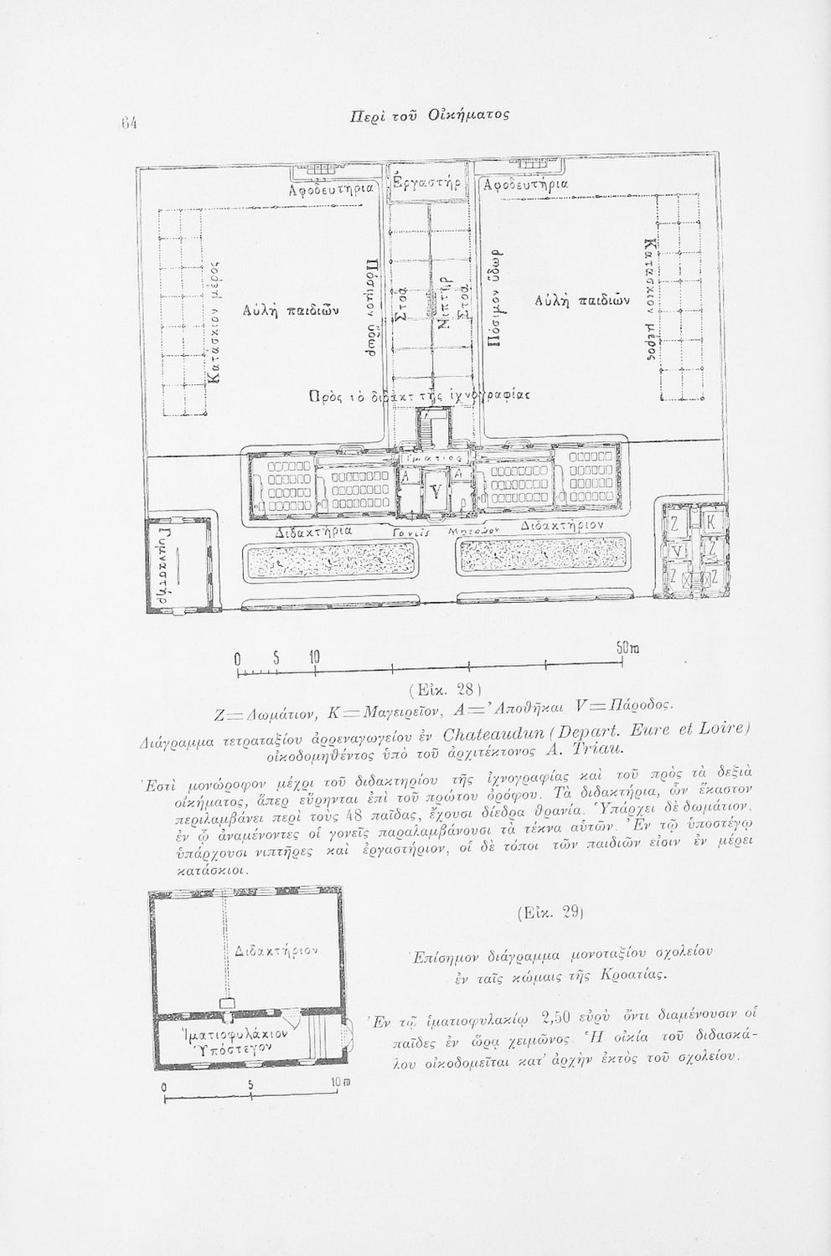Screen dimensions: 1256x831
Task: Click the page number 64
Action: tap(128, 122)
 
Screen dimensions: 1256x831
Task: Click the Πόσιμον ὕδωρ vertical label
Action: tap(495, 298)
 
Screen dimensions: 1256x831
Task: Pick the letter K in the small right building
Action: tap(710, 522)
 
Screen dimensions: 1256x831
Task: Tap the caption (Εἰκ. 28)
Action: tap(441, 690)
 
